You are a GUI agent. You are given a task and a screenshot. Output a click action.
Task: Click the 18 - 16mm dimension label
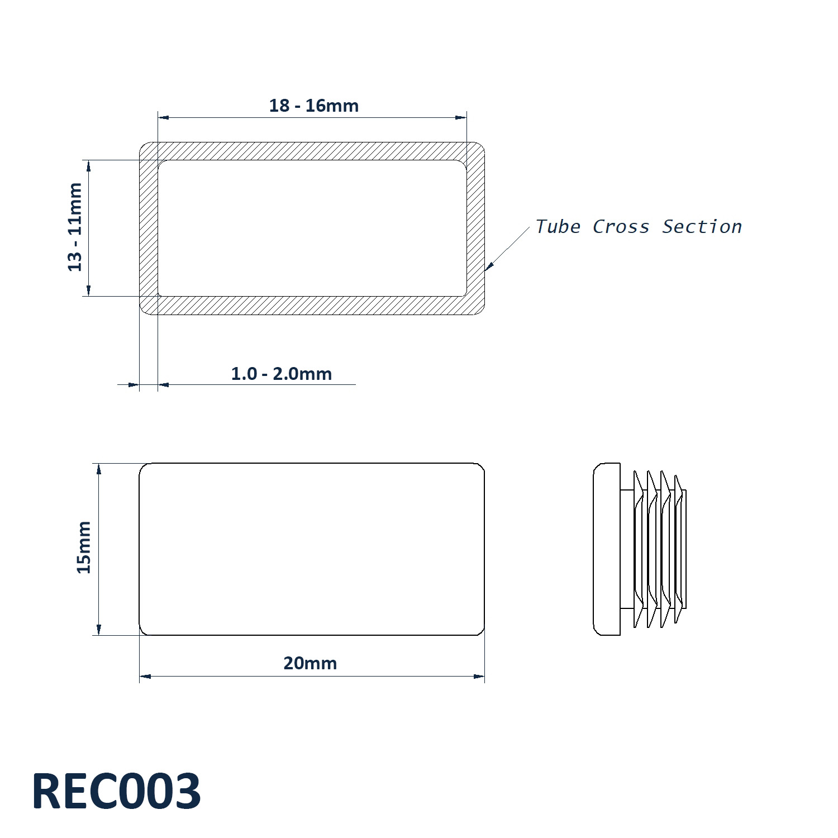(x=314, y=106)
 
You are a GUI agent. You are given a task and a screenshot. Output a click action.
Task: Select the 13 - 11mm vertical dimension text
(x=75, y=227)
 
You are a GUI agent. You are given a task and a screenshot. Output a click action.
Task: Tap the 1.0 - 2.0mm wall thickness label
(x=282, y=374)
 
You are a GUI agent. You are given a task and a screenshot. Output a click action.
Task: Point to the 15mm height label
(x=84, y=547)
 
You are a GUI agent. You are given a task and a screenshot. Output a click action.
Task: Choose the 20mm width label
(x=310, y=663)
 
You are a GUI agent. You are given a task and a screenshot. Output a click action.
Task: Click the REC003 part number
(x=116, y=792)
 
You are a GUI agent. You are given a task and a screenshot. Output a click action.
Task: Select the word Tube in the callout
(x=558, y=227)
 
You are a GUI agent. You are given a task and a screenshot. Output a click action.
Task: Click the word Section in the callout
(x=702, y=227)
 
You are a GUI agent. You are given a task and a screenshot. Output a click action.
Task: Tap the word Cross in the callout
(x=621, y=227)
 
